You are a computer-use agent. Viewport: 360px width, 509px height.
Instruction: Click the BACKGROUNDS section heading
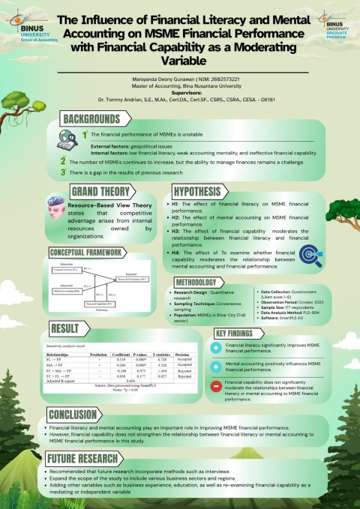(x=91, y=118)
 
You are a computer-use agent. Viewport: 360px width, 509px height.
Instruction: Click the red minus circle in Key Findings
(x=218, y=386)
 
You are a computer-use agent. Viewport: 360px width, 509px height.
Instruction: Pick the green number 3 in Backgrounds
(x=64, y=172)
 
